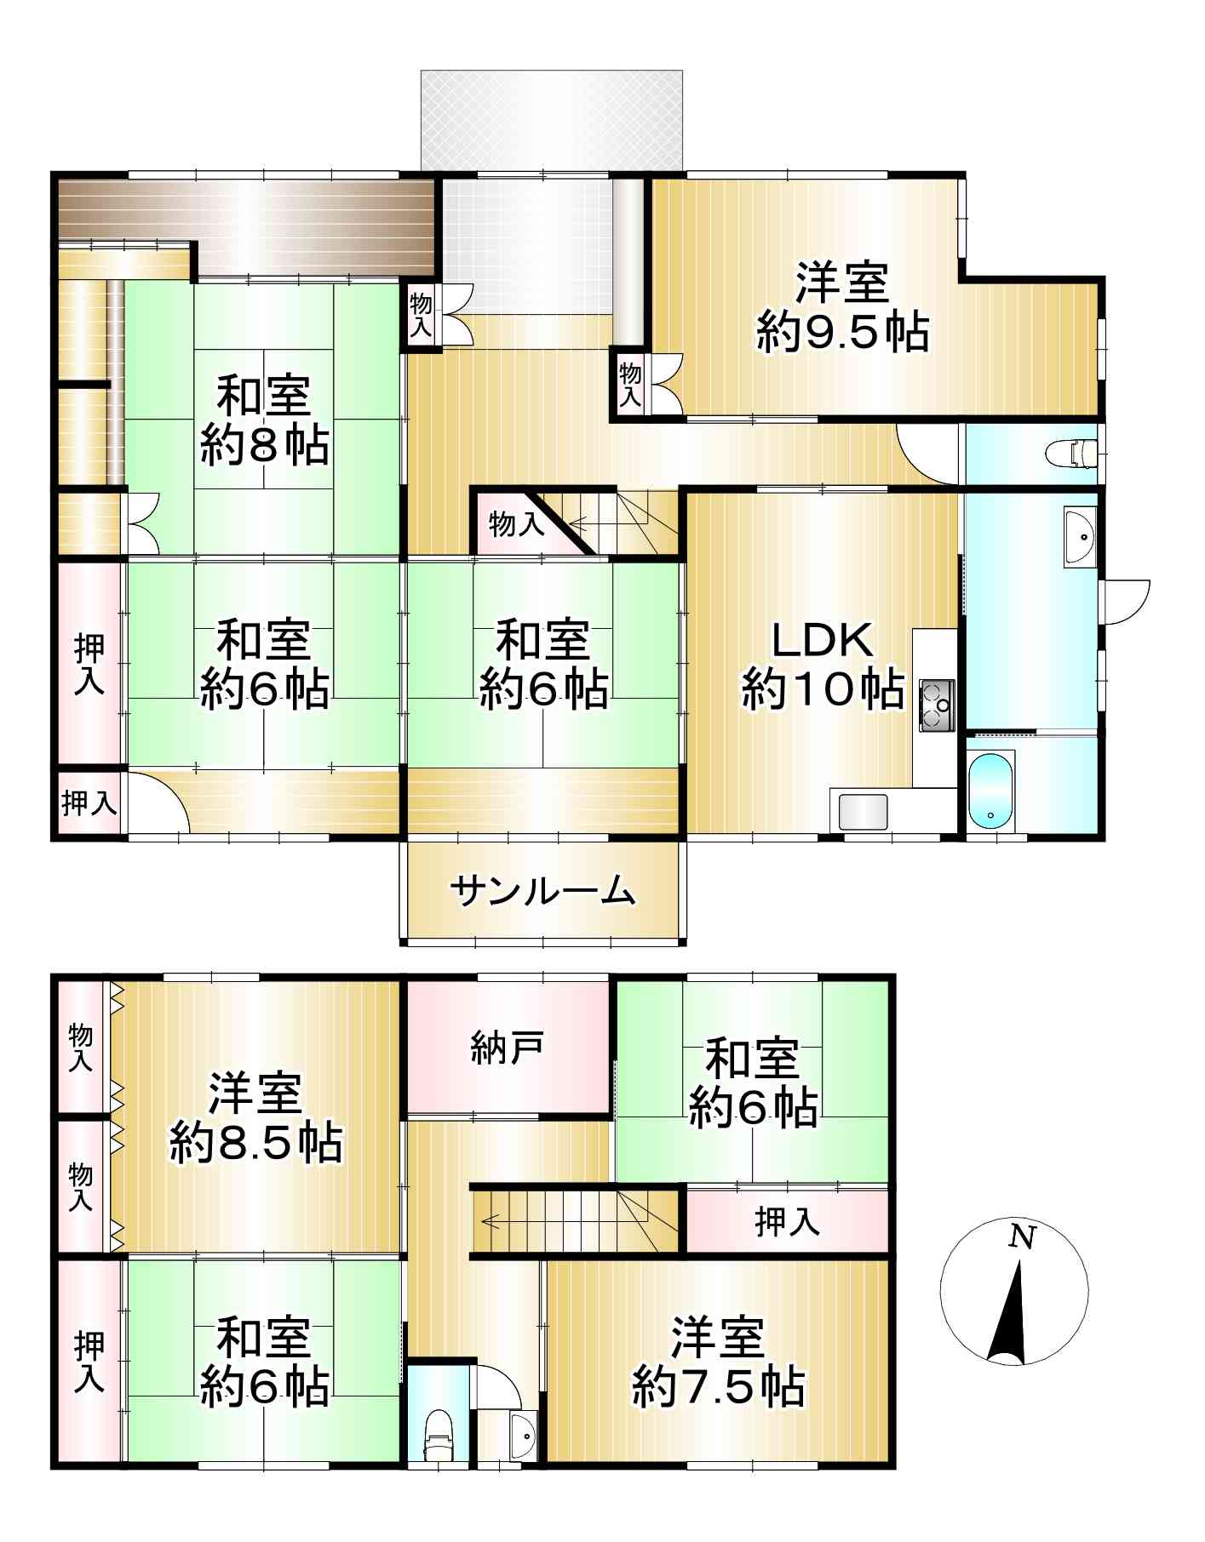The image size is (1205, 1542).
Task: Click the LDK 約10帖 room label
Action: pyautogui.click(x=823, y=665)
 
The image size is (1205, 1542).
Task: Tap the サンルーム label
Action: pyautogui.click(x=543, y=891)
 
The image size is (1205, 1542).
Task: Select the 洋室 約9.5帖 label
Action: pyautogui.click(x=842, y=307)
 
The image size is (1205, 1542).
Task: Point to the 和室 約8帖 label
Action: pyautogui.click(x=264, y=420)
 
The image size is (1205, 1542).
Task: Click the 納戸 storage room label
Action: pyautogui.click(x=508, y=1048)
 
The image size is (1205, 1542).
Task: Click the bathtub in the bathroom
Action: pyautogui.click(x=991, y=792)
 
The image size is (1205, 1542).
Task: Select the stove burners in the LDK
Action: pyautogui.click(x=936, y=705)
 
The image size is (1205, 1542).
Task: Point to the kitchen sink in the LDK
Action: pyautogui.click(x=863, y=812)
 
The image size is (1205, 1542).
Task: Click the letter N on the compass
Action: pyautogui.click(x=1022, y=1236)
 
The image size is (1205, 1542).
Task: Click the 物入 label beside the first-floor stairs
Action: pyautogui.click(x=516, y=523)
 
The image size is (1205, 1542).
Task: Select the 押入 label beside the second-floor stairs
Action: pyautogui.click(x=787, y=1222)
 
